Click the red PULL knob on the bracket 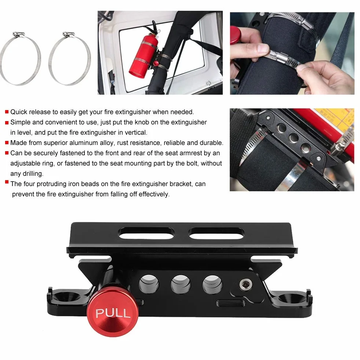click(x=113, y=312)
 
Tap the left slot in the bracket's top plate click(x=146, y=233)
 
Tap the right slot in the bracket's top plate click(x=217, y=233)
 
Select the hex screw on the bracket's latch click(x=246, y=285)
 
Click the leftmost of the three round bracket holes click(x=149, y=284)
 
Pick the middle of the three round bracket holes click(x=181, y=284)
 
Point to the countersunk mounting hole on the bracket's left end click(x=65, y=298)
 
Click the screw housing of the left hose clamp click(x=18, y=34)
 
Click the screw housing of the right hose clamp click(x=68, y=34)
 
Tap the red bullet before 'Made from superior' click(x=7, y=143)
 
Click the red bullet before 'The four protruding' click(x=7, y=182)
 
